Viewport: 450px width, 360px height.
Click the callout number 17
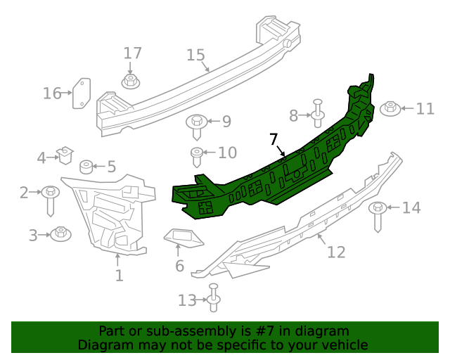[x=133, y=53]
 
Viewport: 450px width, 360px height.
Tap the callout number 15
[x=195, y=55]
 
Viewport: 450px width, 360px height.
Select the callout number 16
[x=52, y=93]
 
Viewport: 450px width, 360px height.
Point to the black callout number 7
[x=274, y=139]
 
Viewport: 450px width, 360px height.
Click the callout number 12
[x=336, y=251]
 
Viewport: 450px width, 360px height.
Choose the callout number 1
[x=119, y=276]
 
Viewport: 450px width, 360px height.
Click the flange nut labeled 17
[x=131, y=82]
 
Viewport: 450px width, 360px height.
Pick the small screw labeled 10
[x=198, y=154]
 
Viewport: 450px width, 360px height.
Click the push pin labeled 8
[x=317, y=111]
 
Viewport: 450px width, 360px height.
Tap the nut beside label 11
[x=390, y=108]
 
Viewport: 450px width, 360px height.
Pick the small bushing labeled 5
[x=86, y=167]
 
